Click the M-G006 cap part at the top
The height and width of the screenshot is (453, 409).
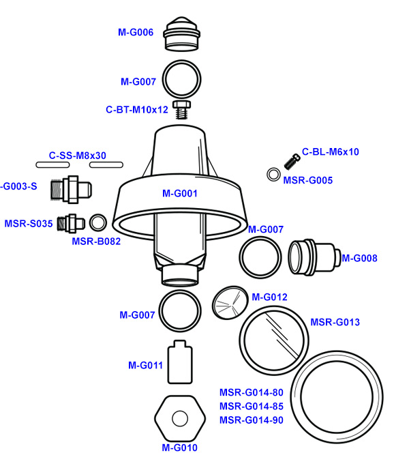[x=181, y=34]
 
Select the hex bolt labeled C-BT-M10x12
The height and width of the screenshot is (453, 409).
[x=181, y=109]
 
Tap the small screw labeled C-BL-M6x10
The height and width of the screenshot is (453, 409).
[x=292, y=161]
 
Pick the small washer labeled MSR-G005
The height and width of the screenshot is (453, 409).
[x=273, y=175]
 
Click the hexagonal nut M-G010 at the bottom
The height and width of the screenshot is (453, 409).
[x=180, y=418]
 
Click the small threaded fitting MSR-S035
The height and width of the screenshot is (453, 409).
[x=70, y=222]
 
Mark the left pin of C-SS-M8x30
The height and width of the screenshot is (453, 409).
[x=53, y=164]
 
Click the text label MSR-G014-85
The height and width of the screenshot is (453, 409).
[x=251, y=407]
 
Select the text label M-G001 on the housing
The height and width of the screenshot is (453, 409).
[x=180, y=193]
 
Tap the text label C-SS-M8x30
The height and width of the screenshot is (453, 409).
[x=78, y=156]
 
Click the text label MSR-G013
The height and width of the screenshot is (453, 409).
[x=335, y=322]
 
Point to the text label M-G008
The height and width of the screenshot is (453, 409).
[x=359, y=258]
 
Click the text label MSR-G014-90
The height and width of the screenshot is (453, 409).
[x=251, y=420]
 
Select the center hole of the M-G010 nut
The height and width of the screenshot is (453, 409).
[x=180, y=418]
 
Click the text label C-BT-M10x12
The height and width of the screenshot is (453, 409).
[x=136, y=109]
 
